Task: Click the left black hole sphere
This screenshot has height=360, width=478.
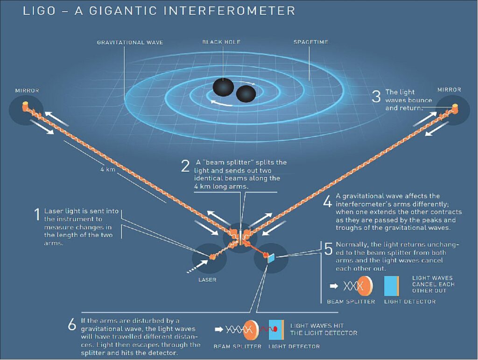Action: coord(222,87)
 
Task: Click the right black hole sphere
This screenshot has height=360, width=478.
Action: coord(246,94)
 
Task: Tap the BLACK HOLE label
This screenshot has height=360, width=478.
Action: coord(221,42)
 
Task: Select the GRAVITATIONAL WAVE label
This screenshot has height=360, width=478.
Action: coord(130,42)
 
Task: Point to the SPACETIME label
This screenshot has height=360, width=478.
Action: coord(310,42)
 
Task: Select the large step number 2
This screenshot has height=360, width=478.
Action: coord(185,167)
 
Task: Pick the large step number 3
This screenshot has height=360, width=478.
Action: coord(376,96)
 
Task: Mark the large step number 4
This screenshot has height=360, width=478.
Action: coord(328,202)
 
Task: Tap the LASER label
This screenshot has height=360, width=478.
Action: coord(207,280)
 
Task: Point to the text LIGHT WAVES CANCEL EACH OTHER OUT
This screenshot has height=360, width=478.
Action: coord(433,284)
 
